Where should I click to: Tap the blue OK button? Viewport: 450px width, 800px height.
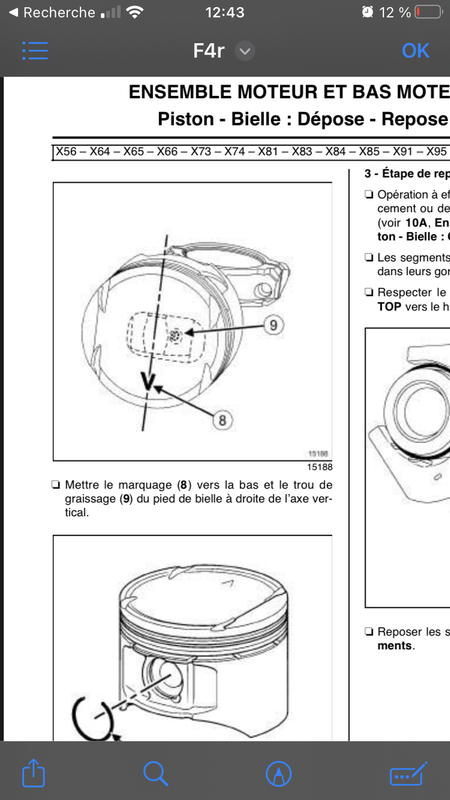[415, 51]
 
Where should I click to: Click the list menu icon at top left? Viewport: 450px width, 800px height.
[35, 51]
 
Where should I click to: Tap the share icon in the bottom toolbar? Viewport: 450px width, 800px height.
[34, 772]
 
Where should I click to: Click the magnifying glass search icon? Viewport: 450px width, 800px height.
[155, 772]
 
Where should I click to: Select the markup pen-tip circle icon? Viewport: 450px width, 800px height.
[278, 772]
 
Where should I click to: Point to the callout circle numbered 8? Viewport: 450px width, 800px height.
[224, 420]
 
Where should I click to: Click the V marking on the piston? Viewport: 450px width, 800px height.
[150, 381]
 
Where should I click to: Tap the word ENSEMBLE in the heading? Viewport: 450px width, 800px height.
[179, 93]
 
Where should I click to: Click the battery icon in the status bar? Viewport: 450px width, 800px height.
[427, 13]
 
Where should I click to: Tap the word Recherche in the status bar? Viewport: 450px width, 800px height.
[58, 13]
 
